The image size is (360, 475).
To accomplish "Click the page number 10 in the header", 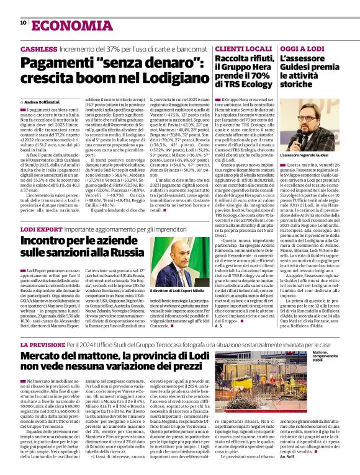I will [23, 22].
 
